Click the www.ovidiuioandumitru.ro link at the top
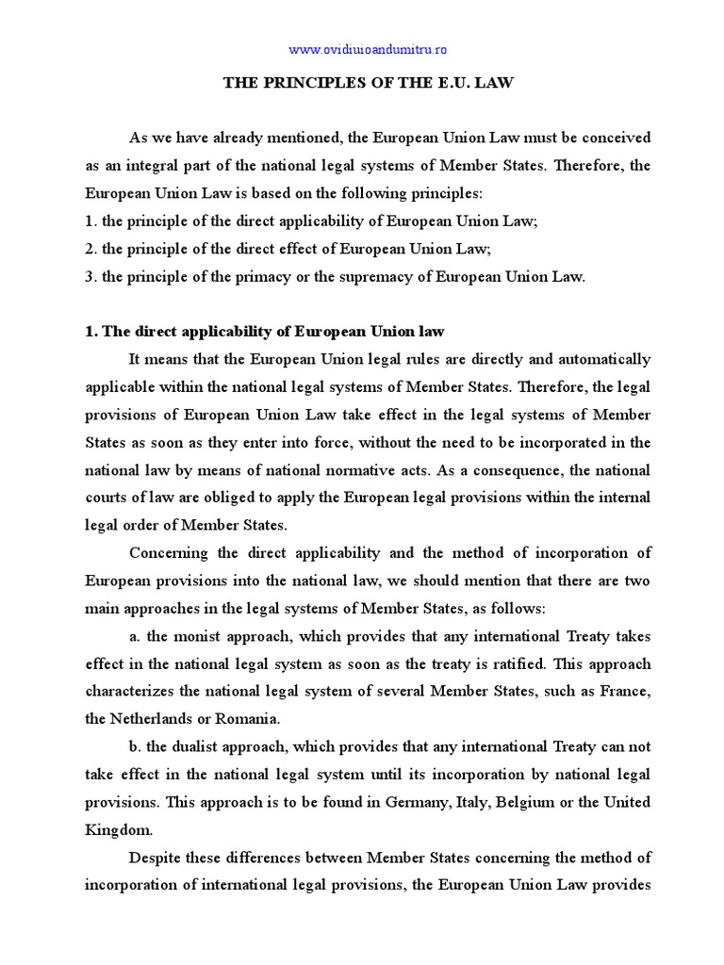click(361, 49)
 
